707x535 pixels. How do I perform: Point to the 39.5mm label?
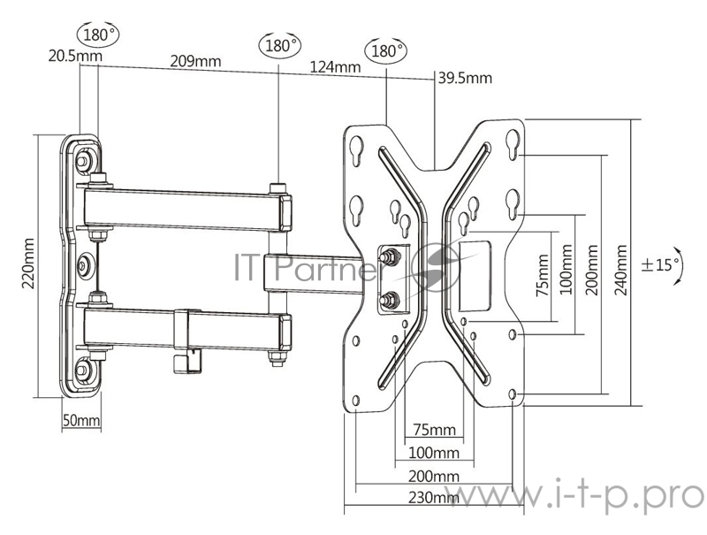[465, 79]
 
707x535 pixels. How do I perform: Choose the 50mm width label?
[81, 420]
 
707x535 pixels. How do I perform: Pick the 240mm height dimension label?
[620, 269]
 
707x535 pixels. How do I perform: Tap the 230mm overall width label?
[432, 498]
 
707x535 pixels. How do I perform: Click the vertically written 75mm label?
[542, 276]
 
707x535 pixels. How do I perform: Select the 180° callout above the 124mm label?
[387, 49]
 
